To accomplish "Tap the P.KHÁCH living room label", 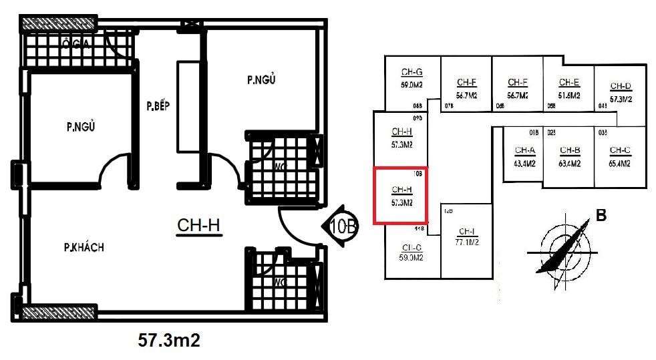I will pyautogui.click(x=84, y=248).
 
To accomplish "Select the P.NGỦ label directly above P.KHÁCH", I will pyautogui.click(x=79, y=126).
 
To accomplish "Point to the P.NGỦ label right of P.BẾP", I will pyautogui.click(x=261, y=80).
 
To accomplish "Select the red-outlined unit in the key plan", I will pyautogui.click(x=400, y=195).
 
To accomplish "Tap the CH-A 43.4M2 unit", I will pyautogui.click(x=523, y=156).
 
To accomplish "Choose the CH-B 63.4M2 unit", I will pyautogui.click(x=570, y=156).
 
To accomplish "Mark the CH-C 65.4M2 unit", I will pyautogui.click(x=620, y=156).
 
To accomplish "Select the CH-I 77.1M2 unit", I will pyautogui.click(x=466, y=237).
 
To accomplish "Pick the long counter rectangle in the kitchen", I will pyautogui.click(x=185, y=108).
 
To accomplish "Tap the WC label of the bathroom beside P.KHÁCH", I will pyautogui.click(x=279, y=282).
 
